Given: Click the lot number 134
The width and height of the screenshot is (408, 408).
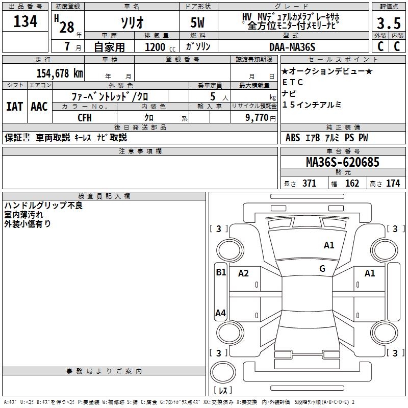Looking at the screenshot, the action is pyautogui.click(x=25, y=22).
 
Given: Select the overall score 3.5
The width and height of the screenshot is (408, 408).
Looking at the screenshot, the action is pyautogui.click(x=387, y=23).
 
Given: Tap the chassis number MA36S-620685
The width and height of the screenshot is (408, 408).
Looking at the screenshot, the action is pyautogui.click(x=342, y=162).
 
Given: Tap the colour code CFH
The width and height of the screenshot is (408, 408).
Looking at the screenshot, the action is pyautogui.click(x=85, y=117).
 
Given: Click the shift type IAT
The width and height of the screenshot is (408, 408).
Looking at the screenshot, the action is pyautogui.click(x=14, y=106).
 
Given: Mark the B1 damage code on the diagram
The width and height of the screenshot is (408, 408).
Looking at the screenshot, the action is pyautogui.click(x=220, y=272).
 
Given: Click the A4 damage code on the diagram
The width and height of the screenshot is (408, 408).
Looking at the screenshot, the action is pyautogui.click(x=220, y=313).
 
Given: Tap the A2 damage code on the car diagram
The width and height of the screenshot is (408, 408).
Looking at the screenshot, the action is pyautogui.click(x=243, y=273).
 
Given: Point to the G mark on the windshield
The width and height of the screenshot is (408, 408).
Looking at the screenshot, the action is pyautogui.click(x=322, y=269).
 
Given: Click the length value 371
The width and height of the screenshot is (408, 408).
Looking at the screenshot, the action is pyautogui.click(x=309, y=184).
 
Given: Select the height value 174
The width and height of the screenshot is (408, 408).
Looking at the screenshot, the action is pyautogui.click(x=393, y=184).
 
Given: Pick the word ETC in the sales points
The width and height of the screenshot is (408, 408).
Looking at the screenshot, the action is pyautogui.click(x=293, y=82).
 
